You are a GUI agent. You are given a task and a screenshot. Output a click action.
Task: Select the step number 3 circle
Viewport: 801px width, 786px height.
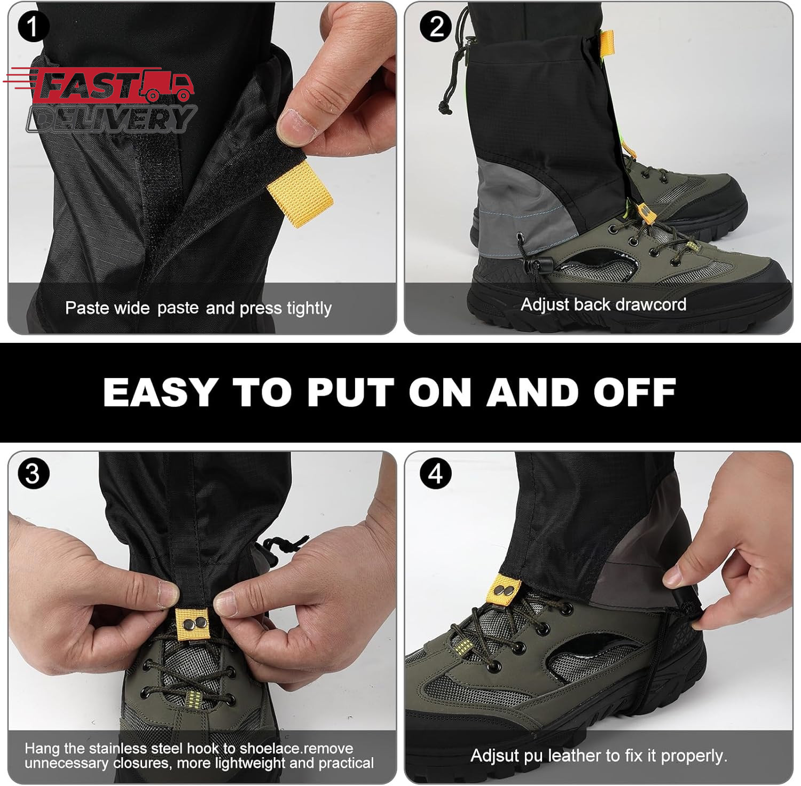pyautogui.click(x=33, y=473)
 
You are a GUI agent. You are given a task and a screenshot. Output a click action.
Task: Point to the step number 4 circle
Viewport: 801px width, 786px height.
pyautogui.click(x=436, y=473)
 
